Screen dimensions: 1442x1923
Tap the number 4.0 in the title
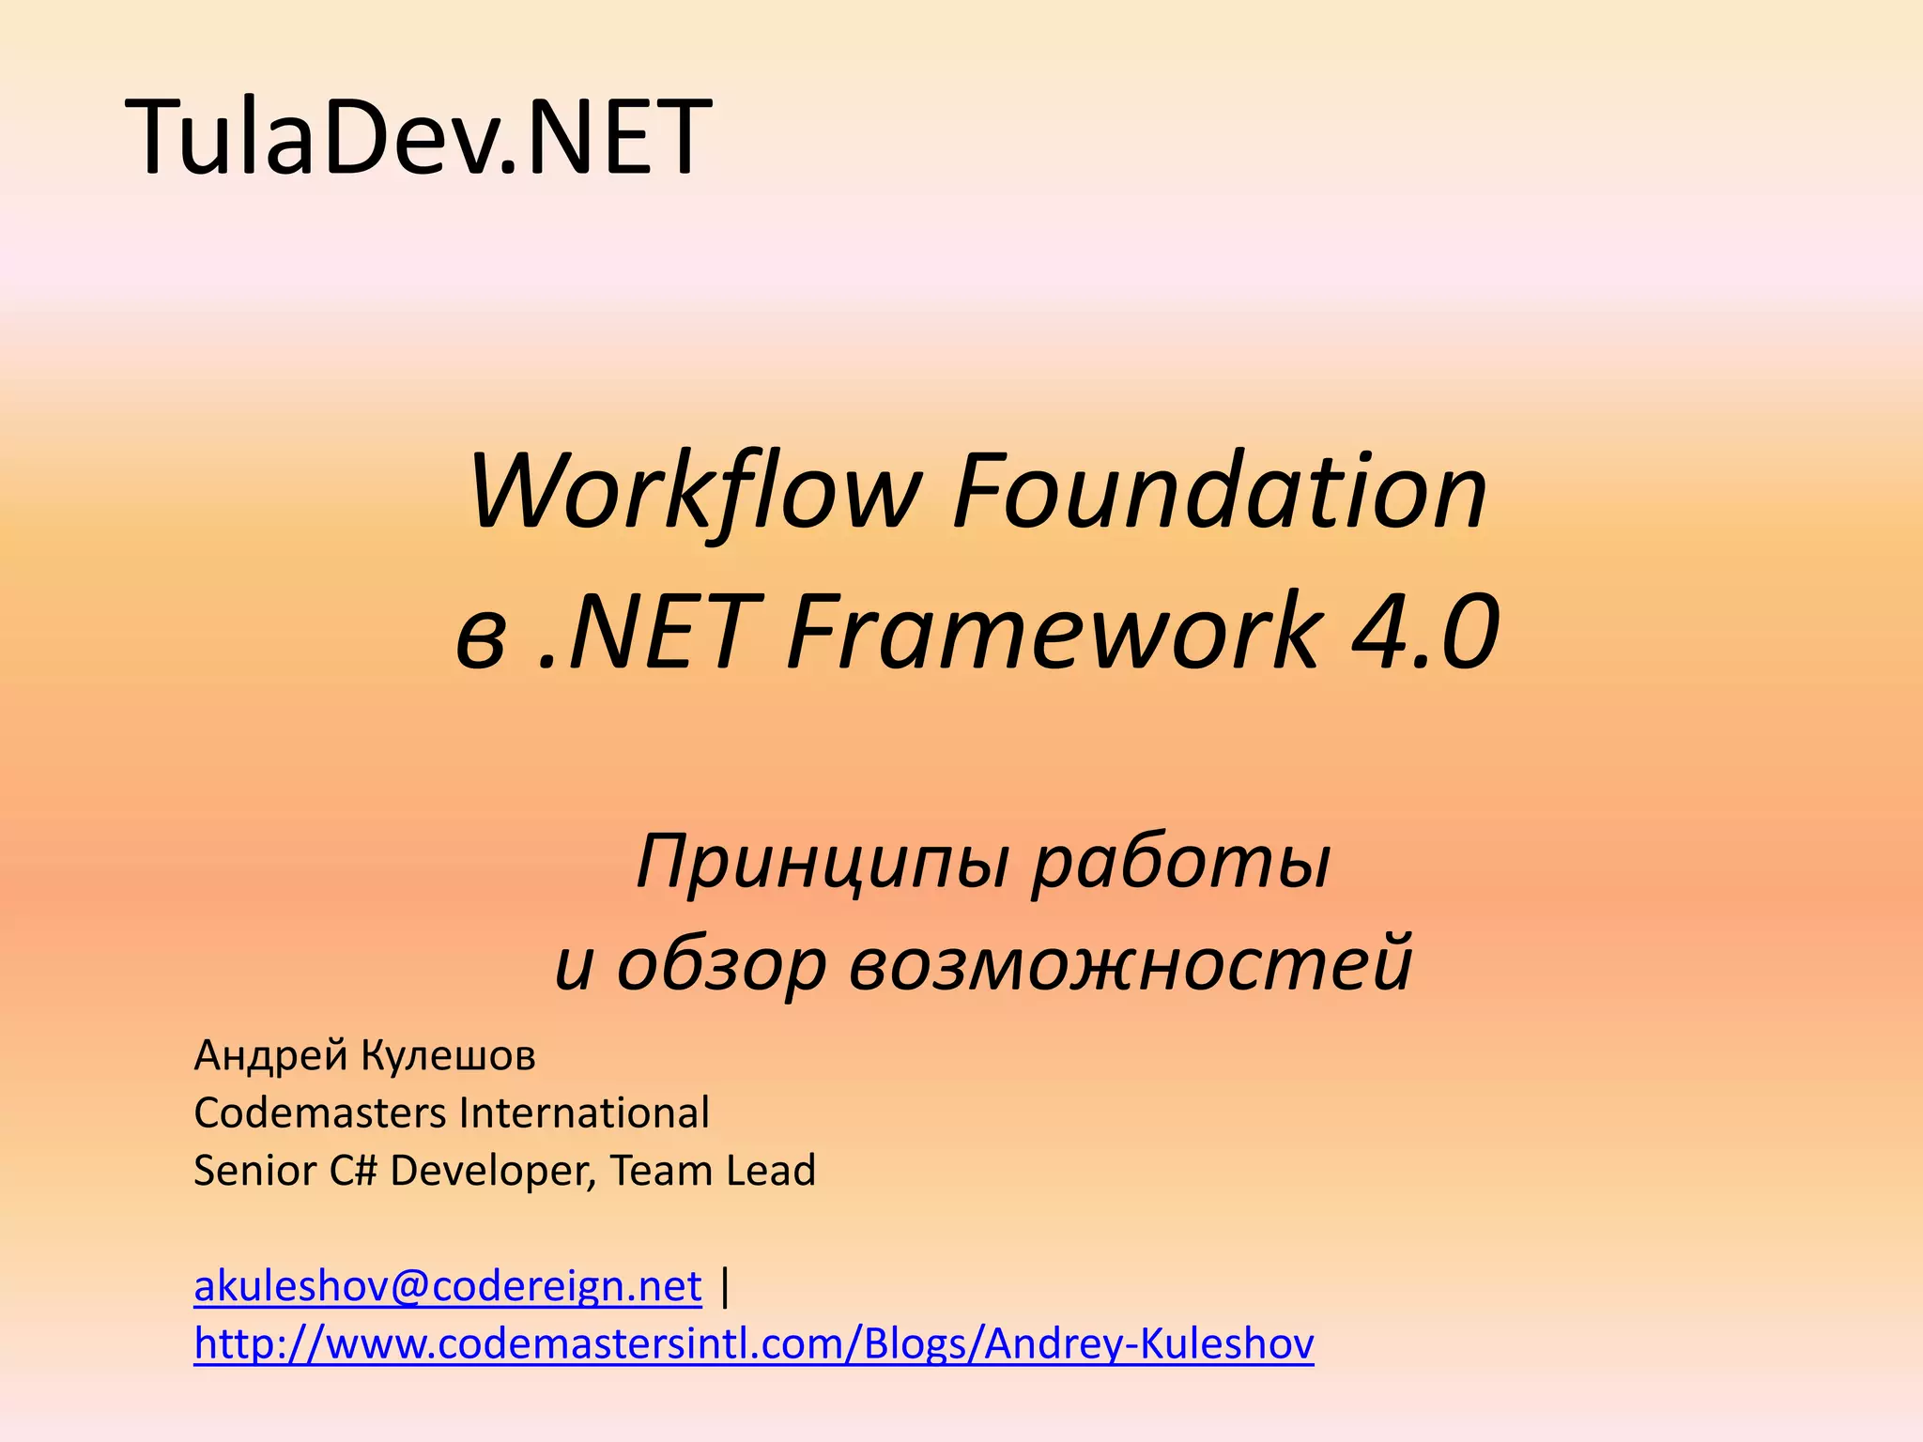pyautogui.click(x=1424, y=631)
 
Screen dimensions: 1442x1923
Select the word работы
pyautogui.click(x=1181, y=864)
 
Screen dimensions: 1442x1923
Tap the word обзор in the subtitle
pyautogui.click(x=721, y=965)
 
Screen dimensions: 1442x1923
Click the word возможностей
pyautogui.click(x=1131, y=965)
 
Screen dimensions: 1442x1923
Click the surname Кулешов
pyautogui.click(x=449, y=1055)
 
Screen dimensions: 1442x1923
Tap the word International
pyautogui.click(x=584, y=1113)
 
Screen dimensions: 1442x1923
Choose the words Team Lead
pyautogui.click(x=713, y=1171)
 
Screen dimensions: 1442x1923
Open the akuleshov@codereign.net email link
pyautogui.click(x=447, y=1286)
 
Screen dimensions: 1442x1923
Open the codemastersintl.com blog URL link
pyautogui.click(x=753, y=1344)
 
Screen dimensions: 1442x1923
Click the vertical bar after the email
pyautogui.click(x=724, y=1286)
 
